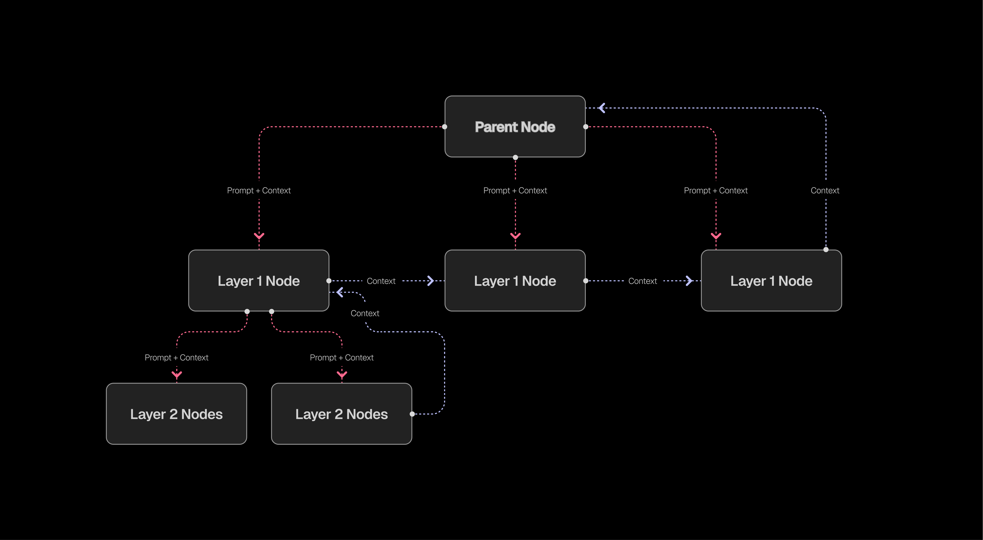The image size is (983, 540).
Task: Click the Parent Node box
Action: point(515,127)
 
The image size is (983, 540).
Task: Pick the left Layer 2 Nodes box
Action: point(176,414)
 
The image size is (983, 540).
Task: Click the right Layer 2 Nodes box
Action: point(342,414)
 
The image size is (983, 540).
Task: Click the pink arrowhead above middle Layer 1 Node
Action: point(515,236)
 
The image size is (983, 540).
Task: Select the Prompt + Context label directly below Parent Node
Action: point(515,191)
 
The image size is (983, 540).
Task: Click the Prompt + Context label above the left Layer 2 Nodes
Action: point(176,357)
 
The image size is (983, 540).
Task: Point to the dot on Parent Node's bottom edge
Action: point(515,157)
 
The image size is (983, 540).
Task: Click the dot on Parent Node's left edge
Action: point(445,127)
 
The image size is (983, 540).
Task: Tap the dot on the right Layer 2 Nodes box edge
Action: point(412,414)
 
